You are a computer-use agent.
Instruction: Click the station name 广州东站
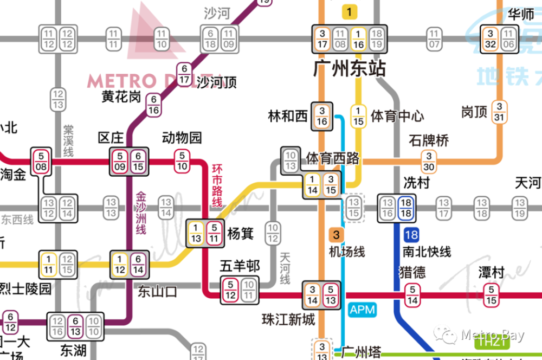coord(350,69)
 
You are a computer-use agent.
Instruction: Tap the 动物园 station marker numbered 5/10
coord(182,161)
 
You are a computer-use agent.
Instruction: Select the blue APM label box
coord(362,310)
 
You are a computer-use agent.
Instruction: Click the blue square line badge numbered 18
coord(411,235)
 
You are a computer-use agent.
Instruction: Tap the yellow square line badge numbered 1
coord(350,11)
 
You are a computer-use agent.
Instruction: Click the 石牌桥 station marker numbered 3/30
coord(428,161)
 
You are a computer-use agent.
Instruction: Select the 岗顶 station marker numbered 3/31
coord(499,112)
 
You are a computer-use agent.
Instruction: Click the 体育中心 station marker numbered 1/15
coord(357,116)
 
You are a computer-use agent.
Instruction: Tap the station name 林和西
coord(288,115)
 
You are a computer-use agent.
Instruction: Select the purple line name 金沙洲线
coord(141,213)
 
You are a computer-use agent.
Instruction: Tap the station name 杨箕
coord(240,234)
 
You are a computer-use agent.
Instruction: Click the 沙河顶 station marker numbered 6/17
coord(184,74)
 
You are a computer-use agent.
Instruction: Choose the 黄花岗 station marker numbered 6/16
coord(154,105)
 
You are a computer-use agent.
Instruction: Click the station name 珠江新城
coord(287,319)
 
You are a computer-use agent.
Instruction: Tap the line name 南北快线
coord(427,252)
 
